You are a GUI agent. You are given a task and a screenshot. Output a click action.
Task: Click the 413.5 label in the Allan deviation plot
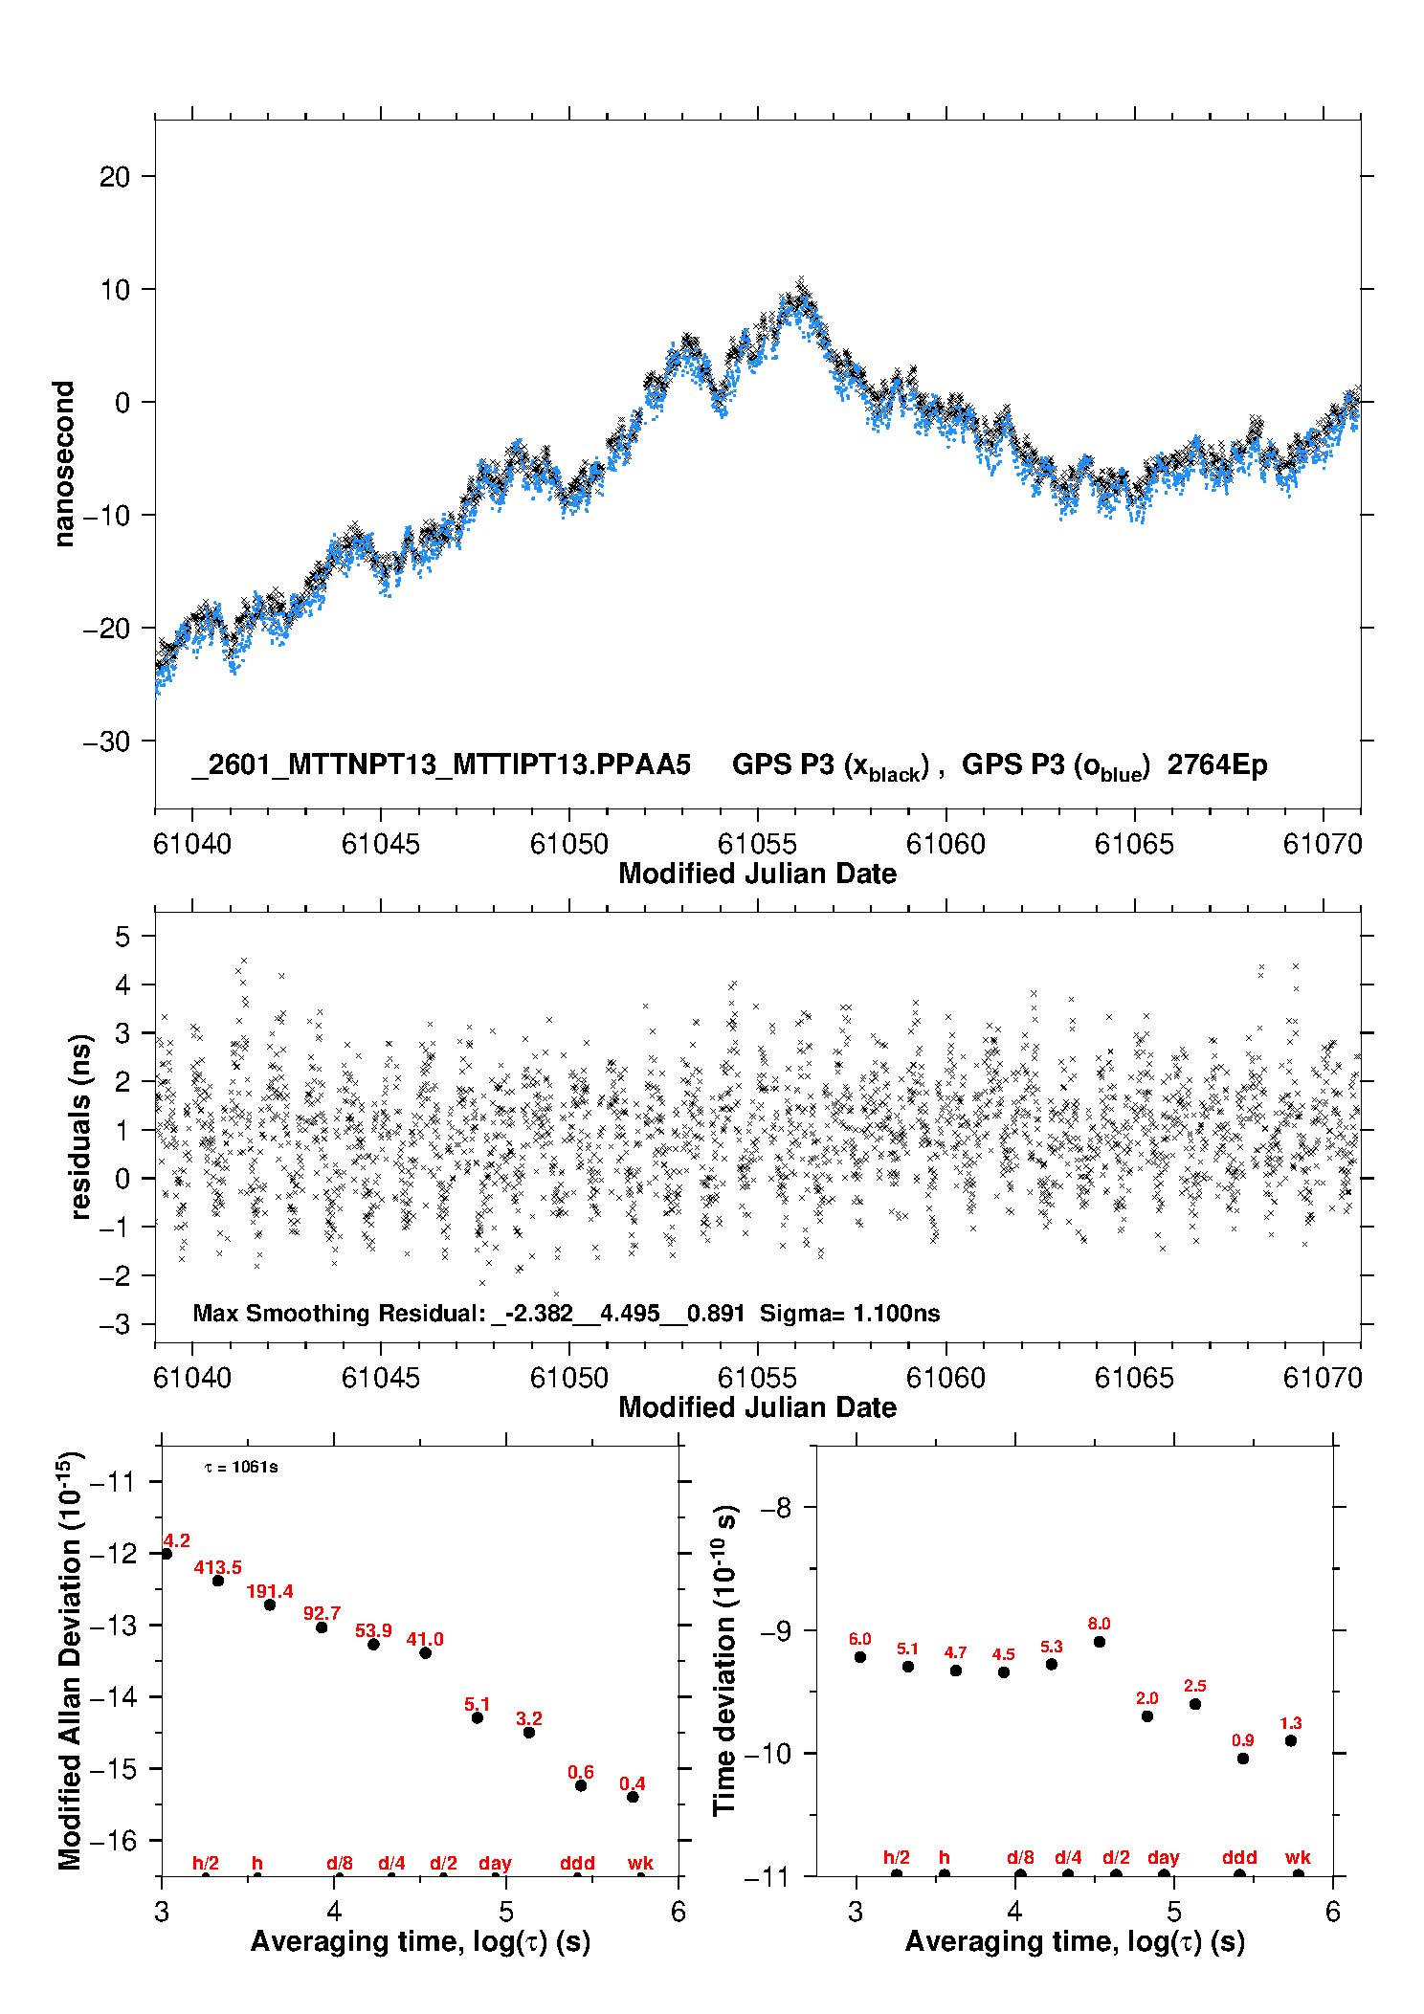(217, 1567)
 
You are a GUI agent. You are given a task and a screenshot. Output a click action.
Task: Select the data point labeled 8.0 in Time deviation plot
(1100, 1642)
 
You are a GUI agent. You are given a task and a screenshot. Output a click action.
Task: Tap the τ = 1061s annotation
(241, 1468)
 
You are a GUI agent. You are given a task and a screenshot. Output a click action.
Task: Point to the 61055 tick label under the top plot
(757, 844)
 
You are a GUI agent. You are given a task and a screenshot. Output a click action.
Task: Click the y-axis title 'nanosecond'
(64, 464)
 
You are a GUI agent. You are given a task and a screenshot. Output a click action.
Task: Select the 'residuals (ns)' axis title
(81, 1126)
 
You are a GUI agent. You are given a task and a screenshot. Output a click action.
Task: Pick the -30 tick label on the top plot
(106, 741)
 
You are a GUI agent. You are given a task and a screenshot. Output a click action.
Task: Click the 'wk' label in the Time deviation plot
(1298, 1858)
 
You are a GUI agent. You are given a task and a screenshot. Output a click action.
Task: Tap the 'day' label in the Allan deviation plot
(495, 1864)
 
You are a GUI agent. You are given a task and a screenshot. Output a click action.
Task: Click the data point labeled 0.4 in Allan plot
(633, 1797)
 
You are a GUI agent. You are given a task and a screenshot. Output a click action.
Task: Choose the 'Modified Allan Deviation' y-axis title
(70, 1660)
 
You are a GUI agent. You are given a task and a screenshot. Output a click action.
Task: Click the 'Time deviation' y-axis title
(724, 1661)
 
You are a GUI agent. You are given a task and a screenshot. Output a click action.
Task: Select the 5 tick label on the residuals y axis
(122, 937)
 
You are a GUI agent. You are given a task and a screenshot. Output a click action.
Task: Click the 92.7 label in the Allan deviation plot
(322, 1614)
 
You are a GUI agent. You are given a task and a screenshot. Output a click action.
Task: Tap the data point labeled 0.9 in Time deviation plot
(1243, 1759)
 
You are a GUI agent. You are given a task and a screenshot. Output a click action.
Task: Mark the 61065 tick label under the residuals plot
(1134, 1378)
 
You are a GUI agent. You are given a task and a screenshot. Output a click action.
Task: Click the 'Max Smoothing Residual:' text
(340, 1314)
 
